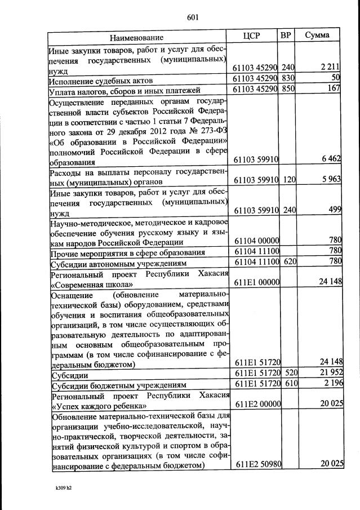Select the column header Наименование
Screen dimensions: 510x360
tap(137, 37)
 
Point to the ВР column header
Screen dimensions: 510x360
tap(286, 36)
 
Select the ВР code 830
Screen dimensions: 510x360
tap(288, 78)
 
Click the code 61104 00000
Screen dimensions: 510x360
tap(256, 241)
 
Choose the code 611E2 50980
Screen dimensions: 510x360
tap(257, 464)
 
